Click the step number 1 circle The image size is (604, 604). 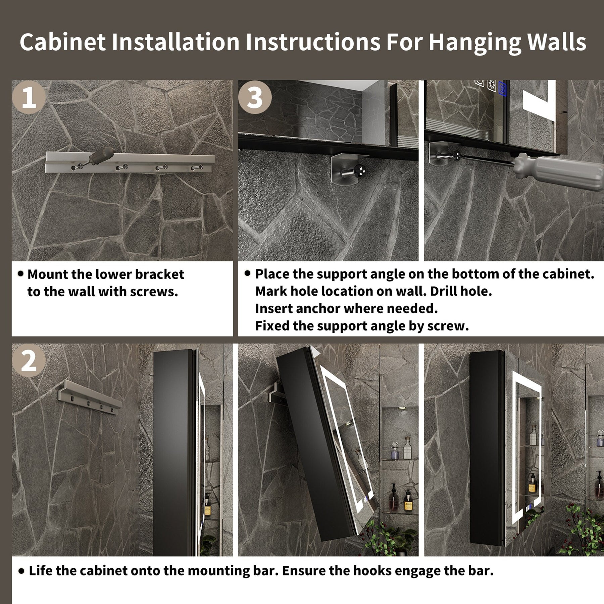[29, 97]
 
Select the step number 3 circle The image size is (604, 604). [255, 97]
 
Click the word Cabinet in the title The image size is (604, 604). [63, 42]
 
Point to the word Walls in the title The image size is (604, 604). [556, 42]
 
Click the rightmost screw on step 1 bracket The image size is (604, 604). [197, 167]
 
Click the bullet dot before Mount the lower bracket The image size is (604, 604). [21, 274]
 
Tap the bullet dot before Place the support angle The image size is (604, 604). [248, 273]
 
